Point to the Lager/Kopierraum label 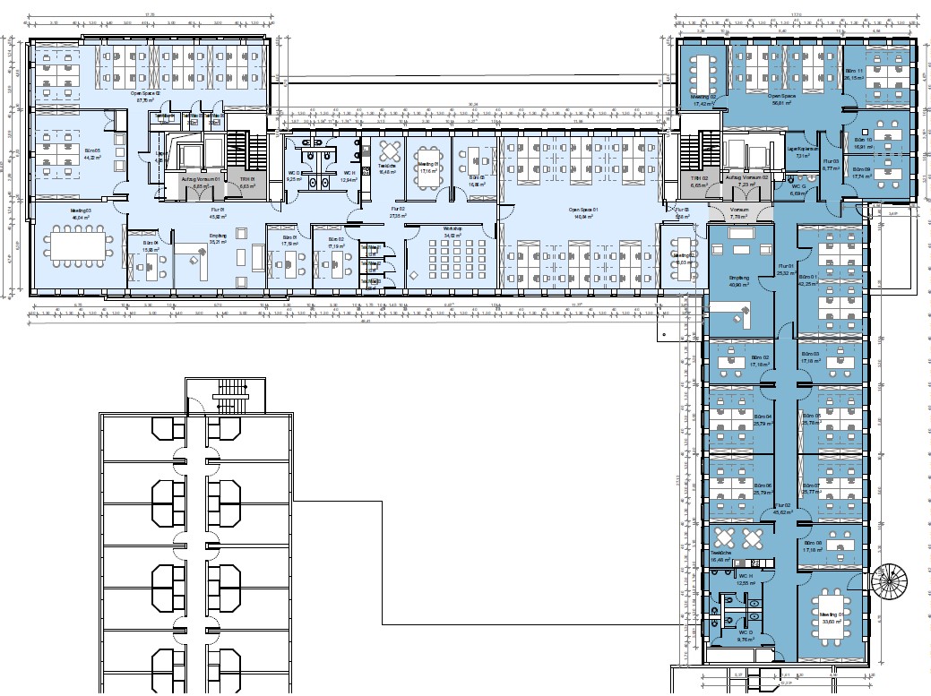click(x=804, y=150)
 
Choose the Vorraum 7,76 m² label click(x=739, y=213)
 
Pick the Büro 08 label click(x=812, y=546)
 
